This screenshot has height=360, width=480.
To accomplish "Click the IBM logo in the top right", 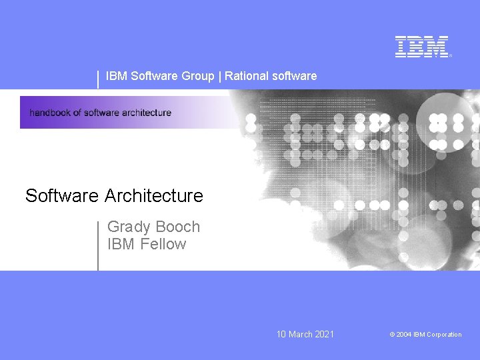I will point(422,47).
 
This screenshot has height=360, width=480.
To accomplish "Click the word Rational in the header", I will point(245,76).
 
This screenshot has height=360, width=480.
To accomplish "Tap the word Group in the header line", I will point(197,76).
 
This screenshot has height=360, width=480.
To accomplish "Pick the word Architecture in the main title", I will point(153,196).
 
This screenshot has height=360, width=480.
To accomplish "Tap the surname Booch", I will point(178,227).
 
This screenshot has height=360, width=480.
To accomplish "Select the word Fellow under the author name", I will point(163,244).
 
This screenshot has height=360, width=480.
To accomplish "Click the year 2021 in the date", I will point(323,334).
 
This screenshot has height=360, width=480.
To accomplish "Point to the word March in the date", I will point(300,334).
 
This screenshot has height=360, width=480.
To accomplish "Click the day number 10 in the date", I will point(281,334).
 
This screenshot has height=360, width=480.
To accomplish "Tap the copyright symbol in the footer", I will point(392,335).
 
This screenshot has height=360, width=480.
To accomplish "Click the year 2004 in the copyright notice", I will point(403,335).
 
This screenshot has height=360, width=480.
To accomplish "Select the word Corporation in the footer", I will point(444,335).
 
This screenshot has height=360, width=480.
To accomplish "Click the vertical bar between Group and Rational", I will point(219,76).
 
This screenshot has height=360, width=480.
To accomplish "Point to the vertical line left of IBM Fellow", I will point(98,245).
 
